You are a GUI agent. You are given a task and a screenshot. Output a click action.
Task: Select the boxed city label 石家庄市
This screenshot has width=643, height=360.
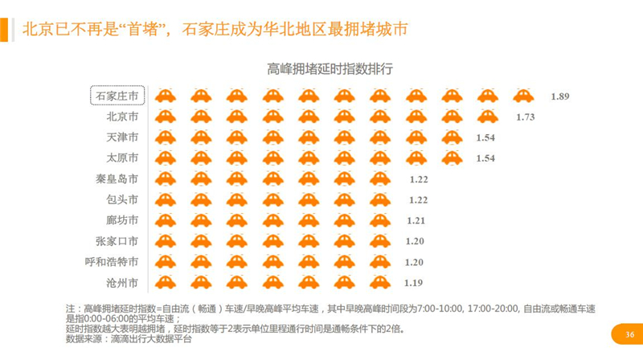point(117,96)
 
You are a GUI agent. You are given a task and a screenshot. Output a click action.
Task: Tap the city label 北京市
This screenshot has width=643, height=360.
point(122,117)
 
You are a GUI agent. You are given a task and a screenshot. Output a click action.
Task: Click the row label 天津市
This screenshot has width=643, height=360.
point(122,137)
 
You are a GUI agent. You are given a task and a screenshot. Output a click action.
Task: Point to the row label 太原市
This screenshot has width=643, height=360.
point(122,157)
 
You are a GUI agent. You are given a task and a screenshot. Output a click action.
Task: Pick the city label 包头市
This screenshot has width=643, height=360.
point(122,199)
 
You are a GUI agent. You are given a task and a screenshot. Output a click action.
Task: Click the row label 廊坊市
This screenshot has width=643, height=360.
point(122,220)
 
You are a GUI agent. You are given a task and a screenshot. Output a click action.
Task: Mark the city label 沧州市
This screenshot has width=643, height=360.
point(122,283)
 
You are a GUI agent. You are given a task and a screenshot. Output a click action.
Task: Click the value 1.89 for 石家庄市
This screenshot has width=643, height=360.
point(560,96)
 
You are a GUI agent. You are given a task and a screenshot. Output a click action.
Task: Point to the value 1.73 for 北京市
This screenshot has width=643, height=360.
point(526,117)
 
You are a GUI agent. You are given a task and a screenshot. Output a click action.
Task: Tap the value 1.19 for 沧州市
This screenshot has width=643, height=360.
point(413,283)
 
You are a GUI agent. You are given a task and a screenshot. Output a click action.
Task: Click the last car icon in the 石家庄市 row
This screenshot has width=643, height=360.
point(522,96)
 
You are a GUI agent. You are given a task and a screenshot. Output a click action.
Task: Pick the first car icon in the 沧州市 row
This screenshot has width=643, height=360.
point(166,282)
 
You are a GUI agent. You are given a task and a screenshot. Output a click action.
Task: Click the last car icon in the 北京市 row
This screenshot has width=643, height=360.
point(488,117)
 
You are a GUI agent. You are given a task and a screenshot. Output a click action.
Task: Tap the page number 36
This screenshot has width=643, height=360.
point(629,334)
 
